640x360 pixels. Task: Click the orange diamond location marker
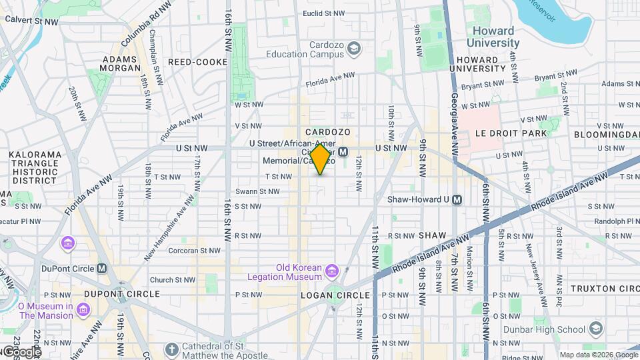[320, 159]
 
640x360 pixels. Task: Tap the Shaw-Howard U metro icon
[457, 199]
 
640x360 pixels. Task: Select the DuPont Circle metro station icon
[102, 269]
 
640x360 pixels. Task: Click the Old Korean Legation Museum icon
[332, 271]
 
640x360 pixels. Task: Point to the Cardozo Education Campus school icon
[354, 48]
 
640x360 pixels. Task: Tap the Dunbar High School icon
[596, 329]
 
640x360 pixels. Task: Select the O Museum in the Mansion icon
[84, 311]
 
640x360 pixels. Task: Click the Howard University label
[493, 37]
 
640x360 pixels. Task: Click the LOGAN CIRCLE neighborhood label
[335, 295]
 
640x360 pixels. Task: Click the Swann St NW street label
[257, 191]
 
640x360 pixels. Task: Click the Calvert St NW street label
[31, 19]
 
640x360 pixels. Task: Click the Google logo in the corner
[20, 351]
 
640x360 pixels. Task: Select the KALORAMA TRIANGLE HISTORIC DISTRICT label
[35, 167]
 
